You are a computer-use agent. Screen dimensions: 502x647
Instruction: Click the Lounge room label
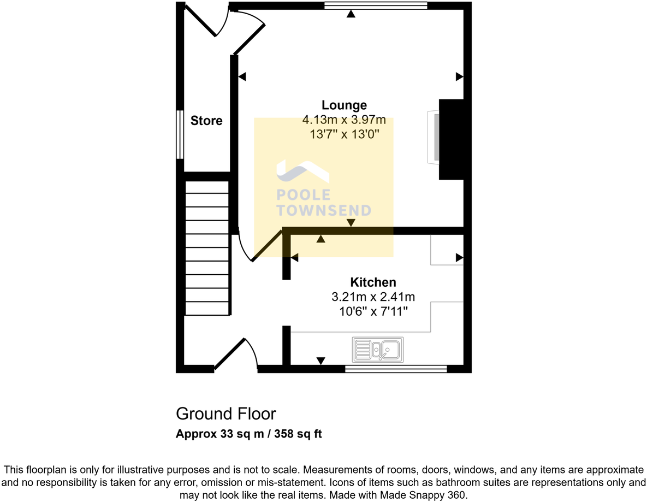344,105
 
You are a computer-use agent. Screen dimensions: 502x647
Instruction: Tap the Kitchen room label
373,282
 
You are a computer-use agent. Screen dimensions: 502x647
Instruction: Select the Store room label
206,121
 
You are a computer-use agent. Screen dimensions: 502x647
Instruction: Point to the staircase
207,248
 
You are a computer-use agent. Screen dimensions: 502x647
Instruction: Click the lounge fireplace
451,139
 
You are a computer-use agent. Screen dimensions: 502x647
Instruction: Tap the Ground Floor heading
225,414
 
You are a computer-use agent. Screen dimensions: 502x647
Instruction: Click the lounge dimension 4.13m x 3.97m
344,120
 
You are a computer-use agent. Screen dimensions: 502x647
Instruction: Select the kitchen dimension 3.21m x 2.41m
373,297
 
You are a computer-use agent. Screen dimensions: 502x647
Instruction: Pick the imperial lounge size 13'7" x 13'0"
344,134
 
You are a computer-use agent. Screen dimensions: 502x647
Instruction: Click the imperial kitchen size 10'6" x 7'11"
373,311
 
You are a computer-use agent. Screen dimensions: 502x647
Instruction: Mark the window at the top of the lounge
375,6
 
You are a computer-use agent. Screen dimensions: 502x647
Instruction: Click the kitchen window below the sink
396,369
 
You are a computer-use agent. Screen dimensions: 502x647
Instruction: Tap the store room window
179,135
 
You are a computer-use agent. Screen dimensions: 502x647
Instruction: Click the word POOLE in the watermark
303,195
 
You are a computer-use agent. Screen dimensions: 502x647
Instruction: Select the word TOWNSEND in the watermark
324,210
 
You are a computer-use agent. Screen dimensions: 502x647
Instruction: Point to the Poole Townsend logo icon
302,172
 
